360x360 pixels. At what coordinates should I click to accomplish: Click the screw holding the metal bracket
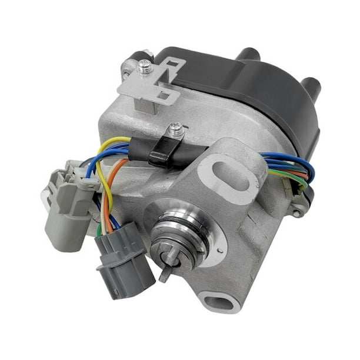(144, 69)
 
